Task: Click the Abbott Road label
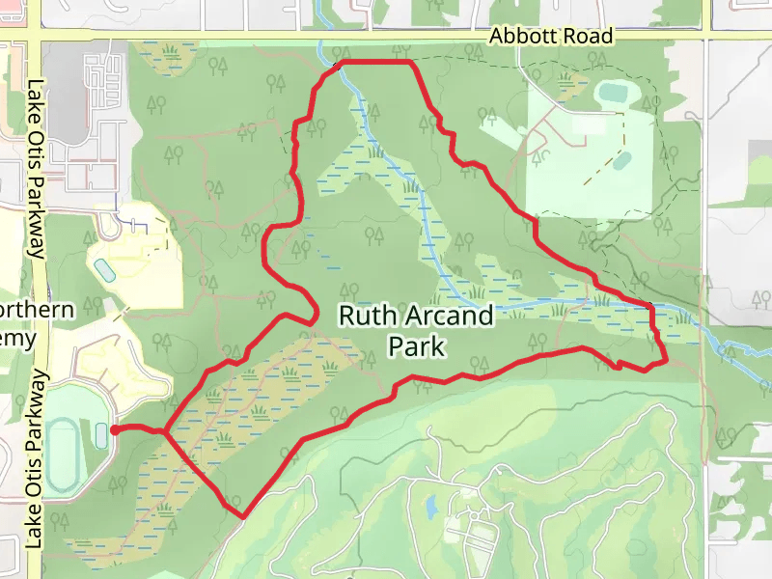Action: [x=551, y=36]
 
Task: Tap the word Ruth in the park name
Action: [x=366, y=317]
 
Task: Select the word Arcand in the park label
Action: [x=446, y=317]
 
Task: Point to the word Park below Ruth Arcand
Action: [x=416, y=345]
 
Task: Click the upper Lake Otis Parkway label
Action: [x=38, y=169]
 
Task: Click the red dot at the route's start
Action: [x=114, y=430]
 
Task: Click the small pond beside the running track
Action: [x=103, y=436]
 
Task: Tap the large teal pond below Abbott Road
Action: [x=615, y=95]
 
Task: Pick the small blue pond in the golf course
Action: [x=431, y=505]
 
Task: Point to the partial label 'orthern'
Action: [x=39, y=311]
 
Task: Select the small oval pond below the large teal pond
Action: [x=622, y=160]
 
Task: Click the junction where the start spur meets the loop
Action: [x=166, y=433]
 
